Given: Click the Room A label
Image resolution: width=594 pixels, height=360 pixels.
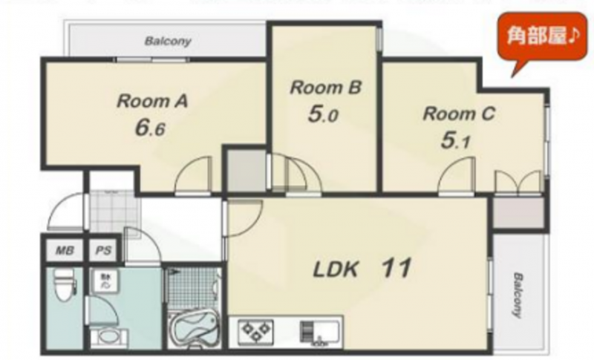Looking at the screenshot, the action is [x=152, y=101].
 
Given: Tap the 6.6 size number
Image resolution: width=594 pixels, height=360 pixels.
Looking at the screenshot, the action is [x=150, y=128].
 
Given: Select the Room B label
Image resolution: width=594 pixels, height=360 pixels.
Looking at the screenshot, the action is [x=326, y=88].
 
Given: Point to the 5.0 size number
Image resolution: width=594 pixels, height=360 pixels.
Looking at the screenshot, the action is [x=323, y=114].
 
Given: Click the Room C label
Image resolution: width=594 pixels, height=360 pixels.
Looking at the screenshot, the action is [x=459, y=114].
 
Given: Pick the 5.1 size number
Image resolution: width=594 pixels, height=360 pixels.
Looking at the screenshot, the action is [x=455, y=141].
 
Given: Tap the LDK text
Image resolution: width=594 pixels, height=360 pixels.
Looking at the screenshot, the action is [x=336, y=269].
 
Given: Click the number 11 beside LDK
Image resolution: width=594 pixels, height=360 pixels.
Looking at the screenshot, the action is [x=396, y=268].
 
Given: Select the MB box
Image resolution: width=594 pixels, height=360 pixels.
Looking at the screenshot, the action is [x=64, y=250].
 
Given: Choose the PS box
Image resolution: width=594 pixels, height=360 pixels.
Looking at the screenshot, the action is [x=103, y=250].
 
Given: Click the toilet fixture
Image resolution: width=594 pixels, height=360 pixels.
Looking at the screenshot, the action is [x=65, y=285].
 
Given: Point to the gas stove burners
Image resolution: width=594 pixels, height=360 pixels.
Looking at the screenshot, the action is [x=256, y=330].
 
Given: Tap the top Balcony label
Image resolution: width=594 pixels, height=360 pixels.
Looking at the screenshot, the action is [x=168, y=41].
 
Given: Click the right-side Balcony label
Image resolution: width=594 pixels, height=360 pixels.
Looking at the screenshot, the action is [x=517, y=295].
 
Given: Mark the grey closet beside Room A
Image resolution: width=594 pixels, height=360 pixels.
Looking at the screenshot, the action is [x=247, y=170].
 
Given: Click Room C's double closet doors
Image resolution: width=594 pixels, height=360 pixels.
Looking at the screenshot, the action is [x=518, y=182].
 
